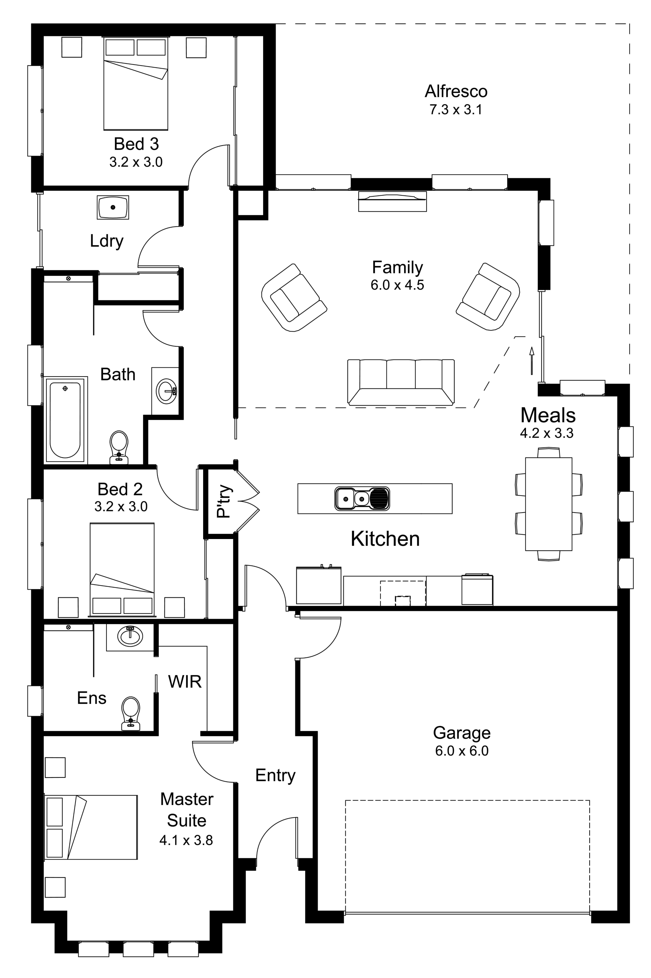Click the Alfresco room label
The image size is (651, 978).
click(456, 91)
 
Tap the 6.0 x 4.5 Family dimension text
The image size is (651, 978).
click(397, 285)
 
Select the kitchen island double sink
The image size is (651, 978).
click(362, 498)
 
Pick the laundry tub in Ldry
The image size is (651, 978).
click(113, 207)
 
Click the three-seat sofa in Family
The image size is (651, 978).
click(401, 382)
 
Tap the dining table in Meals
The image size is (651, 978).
click(549, 504)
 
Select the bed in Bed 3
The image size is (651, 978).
click(136, 83)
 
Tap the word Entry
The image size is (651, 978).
click(275, 775)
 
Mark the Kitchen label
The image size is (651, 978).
click(385, 539)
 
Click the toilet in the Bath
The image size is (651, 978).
click(119, 447)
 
